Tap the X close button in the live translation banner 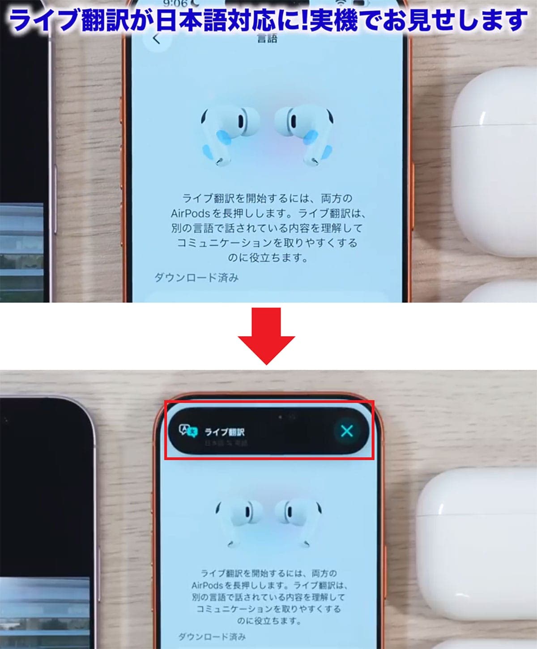coord(347,431)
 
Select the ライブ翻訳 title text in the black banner coord(225,432)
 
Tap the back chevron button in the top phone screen coord(156,39)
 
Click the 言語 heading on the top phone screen coord(267,38)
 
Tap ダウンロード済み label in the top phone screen coord(197,278)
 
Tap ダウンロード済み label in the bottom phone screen coord(212,636)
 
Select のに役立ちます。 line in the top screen coord(267,258)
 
